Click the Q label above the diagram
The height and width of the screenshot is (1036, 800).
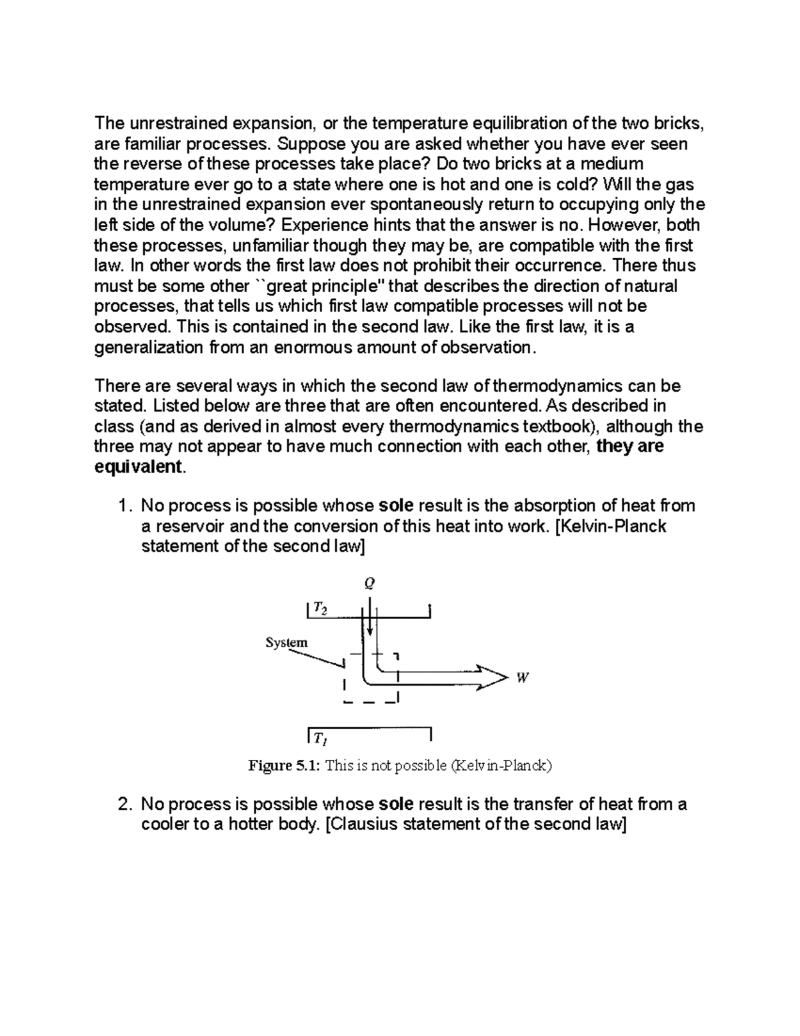click(369, 584)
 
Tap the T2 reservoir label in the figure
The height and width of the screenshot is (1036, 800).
click(320, 610)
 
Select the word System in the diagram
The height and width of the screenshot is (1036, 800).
click(287, 642)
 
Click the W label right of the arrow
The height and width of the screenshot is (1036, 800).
click(523, 678)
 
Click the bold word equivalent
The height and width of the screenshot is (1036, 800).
click(138, 467)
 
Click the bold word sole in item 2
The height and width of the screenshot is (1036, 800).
click(395, 804)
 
